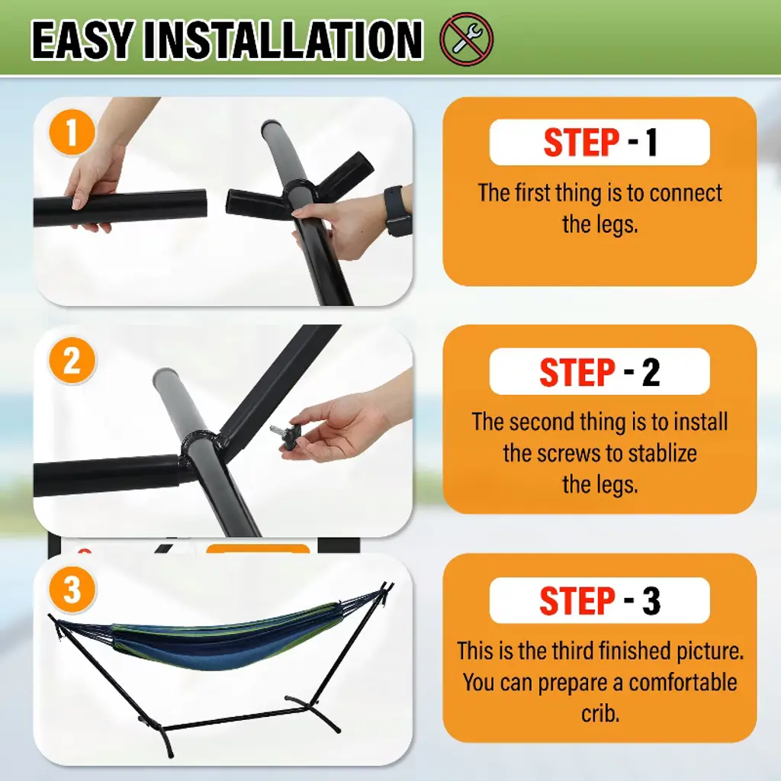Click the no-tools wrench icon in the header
point(466,39)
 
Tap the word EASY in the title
point(82,40)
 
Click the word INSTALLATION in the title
point(283,40)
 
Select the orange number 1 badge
point(72,132)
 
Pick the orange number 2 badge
point(72,360)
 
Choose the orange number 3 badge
point(72,590)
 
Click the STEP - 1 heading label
point(599,143)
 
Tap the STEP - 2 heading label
point(599,371)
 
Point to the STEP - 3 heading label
point(599,600)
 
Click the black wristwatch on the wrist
point(397,211)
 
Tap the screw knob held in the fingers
point(281,435)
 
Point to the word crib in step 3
point(600,713)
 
